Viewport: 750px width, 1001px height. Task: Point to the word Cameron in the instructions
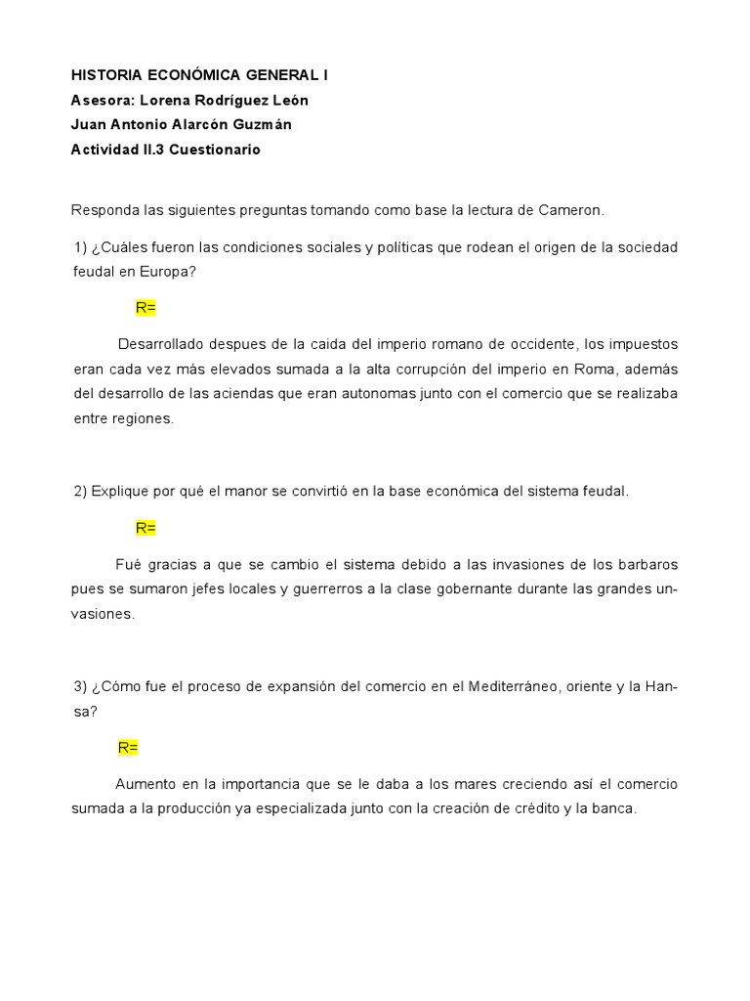(570, 210)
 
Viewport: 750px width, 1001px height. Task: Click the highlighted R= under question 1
(146, 308)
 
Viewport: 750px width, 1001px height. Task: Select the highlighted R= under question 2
(146, 528)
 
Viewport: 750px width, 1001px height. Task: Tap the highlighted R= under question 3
(128, 748)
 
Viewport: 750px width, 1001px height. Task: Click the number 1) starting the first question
(80, 247)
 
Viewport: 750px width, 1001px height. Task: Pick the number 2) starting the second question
(80, 492)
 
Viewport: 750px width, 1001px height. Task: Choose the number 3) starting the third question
(80, 687)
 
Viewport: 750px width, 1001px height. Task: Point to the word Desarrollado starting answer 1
(162, 345)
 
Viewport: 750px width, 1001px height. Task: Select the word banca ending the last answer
(612, 809)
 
